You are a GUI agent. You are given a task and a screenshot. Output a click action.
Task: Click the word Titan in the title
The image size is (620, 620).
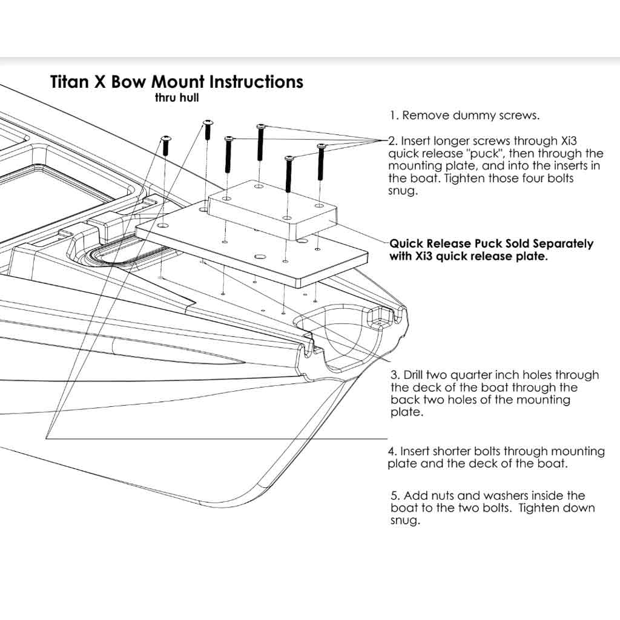[70, 82]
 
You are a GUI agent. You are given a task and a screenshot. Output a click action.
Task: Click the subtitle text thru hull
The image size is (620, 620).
[177, 97]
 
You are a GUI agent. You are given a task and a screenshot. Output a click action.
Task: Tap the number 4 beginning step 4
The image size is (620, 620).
[391, 451]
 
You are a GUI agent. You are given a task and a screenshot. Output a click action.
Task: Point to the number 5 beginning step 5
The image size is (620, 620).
[394, 495]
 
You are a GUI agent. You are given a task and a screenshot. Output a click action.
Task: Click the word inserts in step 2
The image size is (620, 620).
[570, 165]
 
